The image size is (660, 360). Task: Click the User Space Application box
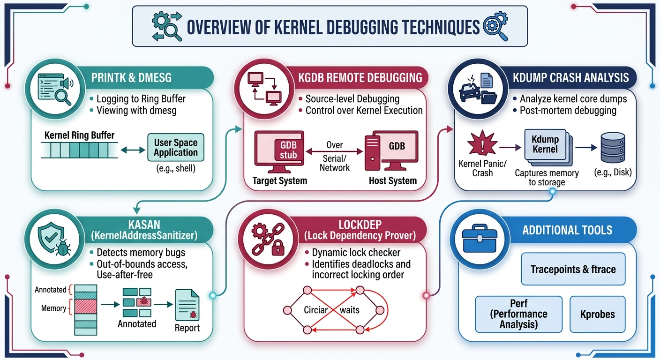(176, 147)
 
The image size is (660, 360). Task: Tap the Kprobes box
(597, 314)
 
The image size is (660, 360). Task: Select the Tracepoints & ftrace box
(573, 269)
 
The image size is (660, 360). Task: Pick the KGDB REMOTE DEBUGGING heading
(360, 77)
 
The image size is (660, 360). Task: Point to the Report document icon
(187, 305)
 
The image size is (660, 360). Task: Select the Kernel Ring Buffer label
(79, 135)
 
